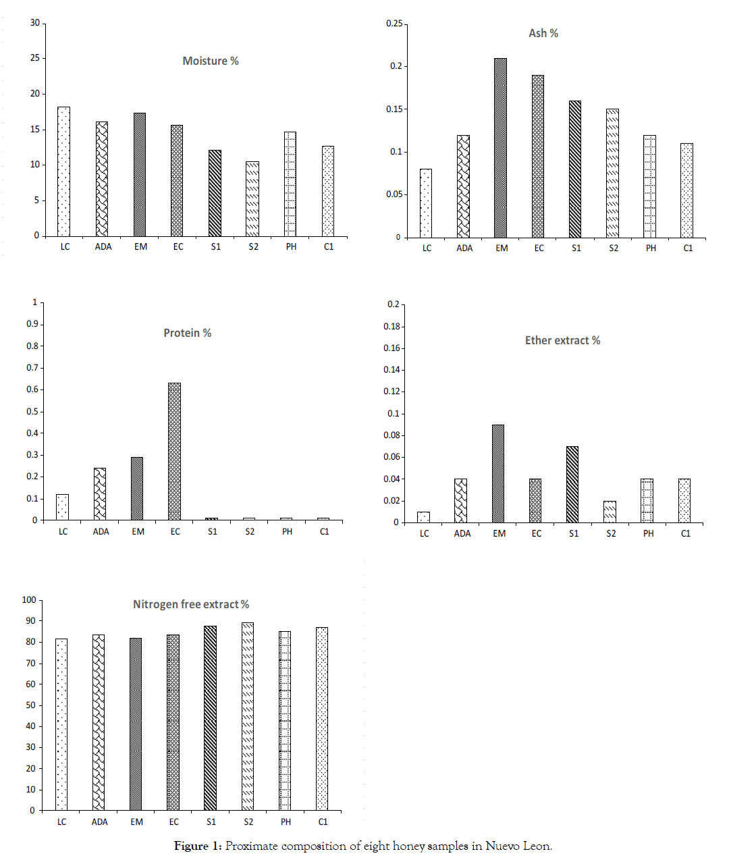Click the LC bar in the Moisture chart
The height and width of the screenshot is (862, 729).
pyautogui.click(x=64, y=171)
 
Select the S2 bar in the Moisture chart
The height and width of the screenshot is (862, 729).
pyautogui.click(x=252, y=199)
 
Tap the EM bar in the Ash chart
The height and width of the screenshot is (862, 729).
pyautogui.click(x=501, y=148)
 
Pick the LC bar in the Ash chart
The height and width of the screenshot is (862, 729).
pyautogui.click(x=426, y=203)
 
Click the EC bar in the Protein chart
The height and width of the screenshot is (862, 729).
pyautogui.click(x=175, y=452)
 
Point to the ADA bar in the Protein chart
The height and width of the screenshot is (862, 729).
pyautogui.click(x=100, y=494)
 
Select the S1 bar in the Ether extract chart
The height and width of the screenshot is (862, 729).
pyautogui.click(x=572, y=485)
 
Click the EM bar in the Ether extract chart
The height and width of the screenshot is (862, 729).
pyautogui.click(x=498, y=474)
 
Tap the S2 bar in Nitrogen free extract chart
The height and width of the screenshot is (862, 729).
pyautogui.click(x=248, y=716)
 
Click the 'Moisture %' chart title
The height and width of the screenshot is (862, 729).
pyautogui.click(x=211, y=61)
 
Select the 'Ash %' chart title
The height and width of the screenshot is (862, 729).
pyautogui.click(x=543, y=33)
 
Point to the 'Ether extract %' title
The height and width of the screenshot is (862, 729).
pyautogui.click(x=562, y=340)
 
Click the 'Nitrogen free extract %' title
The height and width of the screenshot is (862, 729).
pyautogui.click(x=191, y=604)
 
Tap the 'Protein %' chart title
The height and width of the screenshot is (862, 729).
pyautogui.click(x=187, y=333)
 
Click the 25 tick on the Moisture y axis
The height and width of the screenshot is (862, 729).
pyautogui.click(x=35, y=58)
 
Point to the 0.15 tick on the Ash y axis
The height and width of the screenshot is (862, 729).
pyautogui.click(x=395, y=109)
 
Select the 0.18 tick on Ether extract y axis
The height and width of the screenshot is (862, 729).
pyautogui.click(x=392, y=327)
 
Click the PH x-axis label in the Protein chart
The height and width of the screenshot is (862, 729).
pyautogui.click(x=287, y=532)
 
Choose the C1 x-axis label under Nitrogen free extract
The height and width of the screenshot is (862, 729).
pyautogui.click(x=323, y=821)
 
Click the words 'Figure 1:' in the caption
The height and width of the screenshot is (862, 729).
pyautogui.click(x=198, y=846)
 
